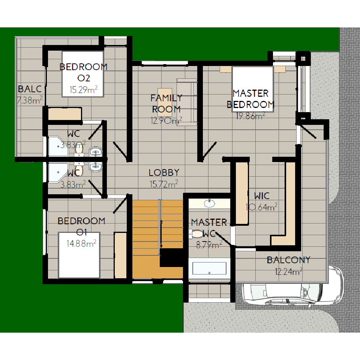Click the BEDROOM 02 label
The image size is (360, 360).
[84, 72]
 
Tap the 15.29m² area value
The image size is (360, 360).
[84, 89]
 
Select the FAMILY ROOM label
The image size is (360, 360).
[166, 103]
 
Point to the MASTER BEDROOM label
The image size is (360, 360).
[250, 99]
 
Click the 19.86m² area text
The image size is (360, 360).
[250, 116]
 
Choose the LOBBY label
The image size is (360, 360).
[164, 172]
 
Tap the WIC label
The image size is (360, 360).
[262, 196]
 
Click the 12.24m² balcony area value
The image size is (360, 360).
[289, 271]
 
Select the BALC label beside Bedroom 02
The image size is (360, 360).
[30, 89]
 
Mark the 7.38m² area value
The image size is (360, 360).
[30, 100]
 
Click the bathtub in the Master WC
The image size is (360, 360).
[209, 268]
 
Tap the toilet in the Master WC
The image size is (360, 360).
[196, 234]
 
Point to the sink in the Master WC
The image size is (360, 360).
[209, 203]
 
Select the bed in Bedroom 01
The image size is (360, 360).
[79, 255]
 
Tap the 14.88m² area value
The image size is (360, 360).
[81, 243]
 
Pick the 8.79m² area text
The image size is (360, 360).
[209, 245]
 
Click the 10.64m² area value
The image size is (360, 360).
[262, 207]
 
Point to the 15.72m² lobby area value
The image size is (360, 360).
[164, 184]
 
